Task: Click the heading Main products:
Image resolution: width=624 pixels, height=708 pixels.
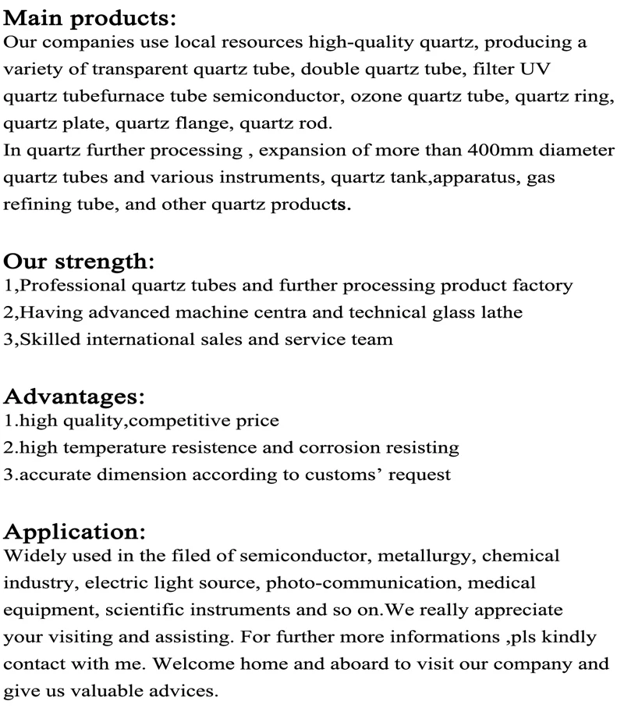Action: click(x=90, y=16)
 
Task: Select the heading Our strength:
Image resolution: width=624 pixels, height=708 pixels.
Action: click(x=80, y=261)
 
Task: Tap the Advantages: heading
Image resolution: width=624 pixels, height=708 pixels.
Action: click(x=75, y=397)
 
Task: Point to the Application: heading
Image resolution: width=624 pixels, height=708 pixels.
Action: click(x=75, y=532)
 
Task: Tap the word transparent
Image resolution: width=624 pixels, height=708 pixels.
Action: click(x=135, y=69)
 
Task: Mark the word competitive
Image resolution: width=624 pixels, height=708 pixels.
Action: click(x=185, y=422)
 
